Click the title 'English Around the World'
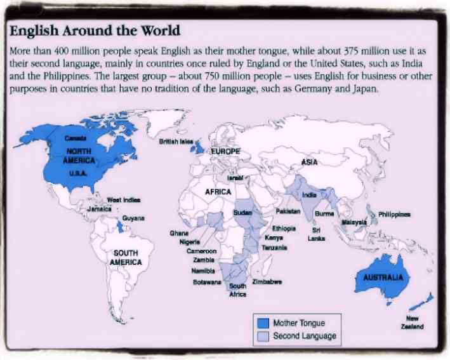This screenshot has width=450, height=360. click(95, 30)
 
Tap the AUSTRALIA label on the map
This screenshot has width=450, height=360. click(383, 278)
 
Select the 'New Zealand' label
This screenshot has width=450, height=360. click(413, 322)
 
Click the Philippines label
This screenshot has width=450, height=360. click(394, 215)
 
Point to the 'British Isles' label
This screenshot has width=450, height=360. click(176, 142)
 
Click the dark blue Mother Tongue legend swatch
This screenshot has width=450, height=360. click(262, 323)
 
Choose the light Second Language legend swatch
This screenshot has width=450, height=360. click(262, 336)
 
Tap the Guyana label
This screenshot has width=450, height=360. click(134, 218)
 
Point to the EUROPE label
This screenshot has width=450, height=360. click(225, 152)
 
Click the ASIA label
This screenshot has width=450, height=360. click(309, 163)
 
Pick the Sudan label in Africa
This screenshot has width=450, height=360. click(243, 212)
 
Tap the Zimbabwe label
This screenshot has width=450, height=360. click(267, 281)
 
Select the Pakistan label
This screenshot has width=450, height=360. click(289, 210)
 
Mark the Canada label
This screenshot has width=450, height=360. click(76, 138)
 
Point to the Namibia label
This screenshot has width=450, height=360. click(203, 270)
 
